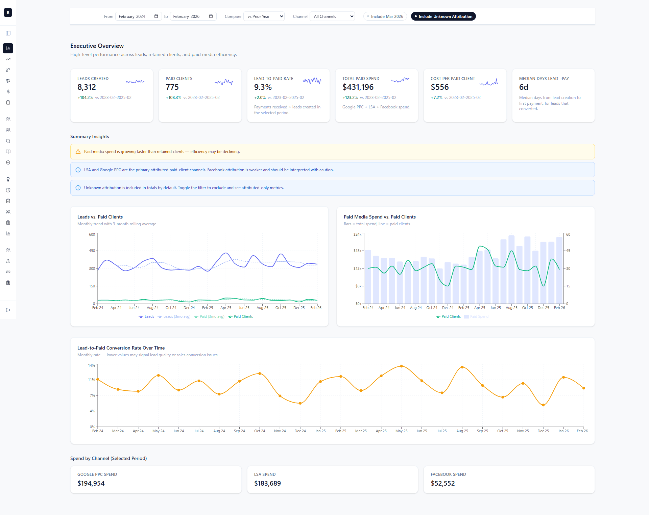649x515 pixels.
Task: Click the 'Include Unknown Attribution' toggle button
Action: (443, 16)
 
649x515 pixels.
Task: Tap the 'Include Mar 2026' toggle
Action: (385, 16)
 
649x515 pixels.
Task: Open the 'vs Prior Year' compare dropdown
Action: (264, 16)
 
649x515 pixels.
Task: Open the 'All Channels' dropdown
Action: (333, 16)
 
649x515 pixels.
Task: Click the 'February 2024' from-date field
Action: (138, 16)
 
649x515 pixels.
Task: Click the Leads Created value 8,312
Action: (87, 87)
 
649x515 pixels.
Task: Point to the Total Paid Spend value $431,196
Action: (358, 87)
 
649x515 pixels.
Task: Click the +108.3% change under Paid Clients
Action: (173, 98)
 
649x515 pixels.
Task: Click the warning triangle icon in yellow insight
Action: (78, 152)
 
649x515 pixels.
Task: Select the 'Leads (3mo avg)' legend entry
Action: (174, 316)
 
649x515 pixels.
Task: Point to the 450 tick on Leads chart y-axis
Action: (92, 251)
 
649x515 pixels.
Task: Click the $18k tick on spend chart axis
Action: (357, 251)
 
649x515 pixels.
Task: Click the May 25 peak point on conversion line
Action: (401, 366)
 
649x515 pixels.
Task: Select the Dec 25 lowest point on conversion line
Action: (543, 405)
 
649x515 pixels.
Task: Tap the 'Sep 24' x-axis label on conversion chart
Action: (239, 431)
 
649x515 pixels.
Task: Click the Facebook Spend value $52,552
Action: (442, 483)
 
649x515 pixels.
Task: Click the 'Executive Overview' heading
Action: (97, 46)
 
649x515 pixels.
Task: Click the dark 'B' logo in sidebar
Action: (8, 12)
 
